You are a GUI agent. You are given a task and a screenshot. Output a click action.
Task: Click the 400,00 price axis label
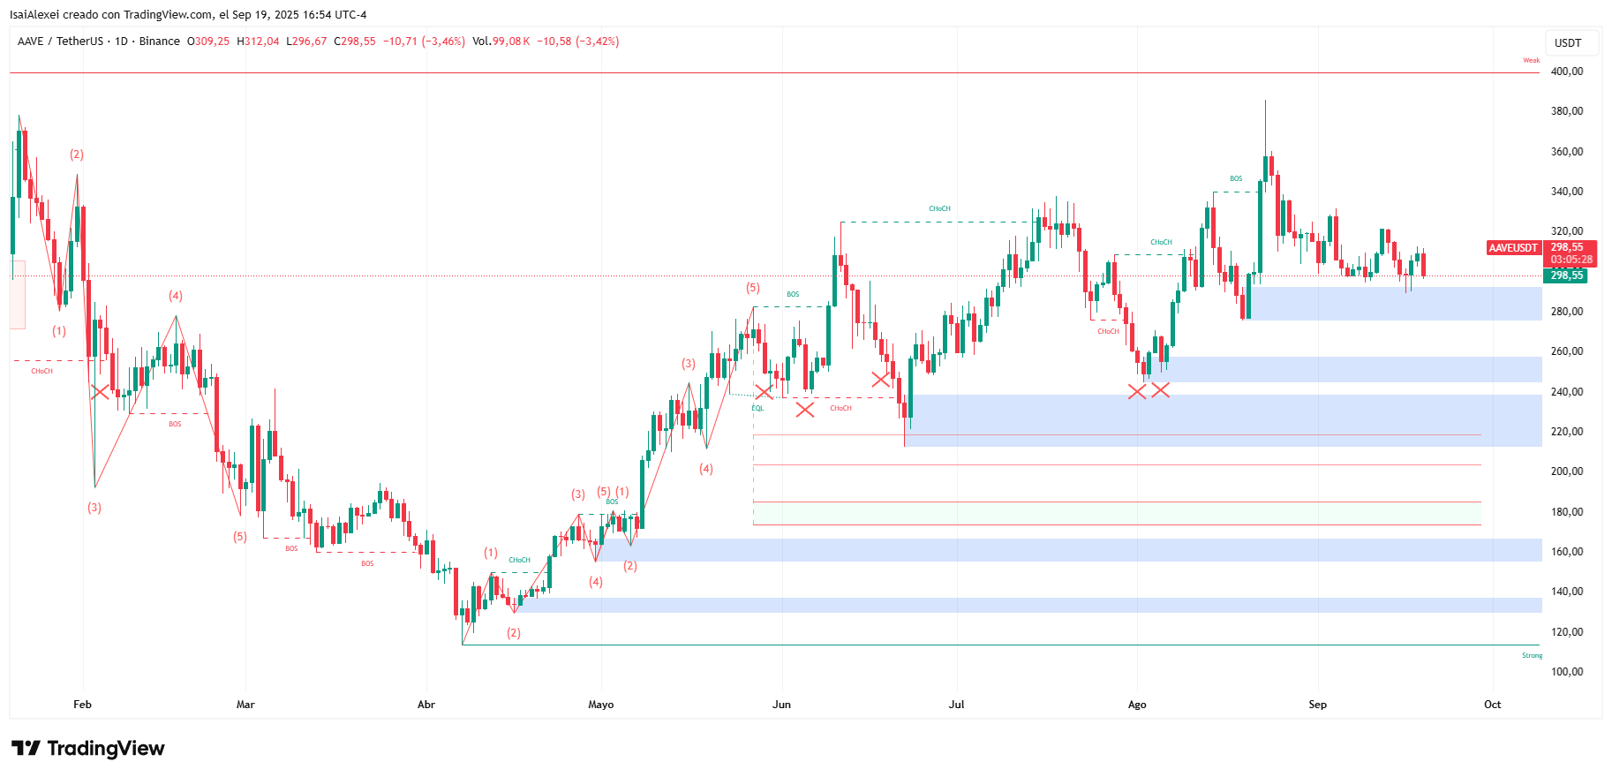click(1567, 72)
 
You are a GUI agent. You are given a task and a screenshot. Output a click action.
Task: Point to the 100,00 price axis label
click(1567, 672)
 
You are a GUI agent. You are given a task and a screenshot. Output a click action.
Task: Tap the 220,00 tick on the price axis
click(1567, 432)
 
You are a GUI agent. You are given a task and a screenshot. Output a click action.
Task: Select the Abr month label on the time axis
click(426, 705)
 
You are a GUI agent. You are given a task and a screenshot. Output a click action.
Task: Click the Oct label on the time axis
click(1492, 705)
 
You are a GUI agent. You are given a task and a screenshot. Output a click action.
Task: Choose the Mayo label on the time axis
click(600, 705)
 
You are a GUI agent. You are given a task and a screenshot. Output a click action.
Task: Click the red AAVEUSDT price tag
click(1513, 248)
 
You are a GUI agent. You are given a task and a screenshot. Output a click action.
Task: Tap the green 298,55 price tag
click(1566, 275)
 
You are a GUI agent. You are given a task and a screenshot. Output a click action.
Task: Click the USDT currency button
click(1568, 43)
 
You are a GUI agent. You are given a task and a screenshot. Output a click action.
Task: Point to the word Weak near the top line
click(1531, 61)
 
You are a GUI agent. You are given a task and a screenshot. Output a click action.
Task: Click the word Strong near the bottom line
click(1532, 655)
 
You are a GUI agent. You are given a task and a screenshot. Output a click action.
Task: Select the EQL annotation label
click(757, 408)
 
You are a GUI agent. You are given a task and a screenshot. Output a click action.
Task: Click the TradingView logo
click(88, 749)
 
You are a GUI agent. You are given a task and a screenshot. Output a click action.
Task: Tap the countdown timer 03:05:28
click(1571, 260)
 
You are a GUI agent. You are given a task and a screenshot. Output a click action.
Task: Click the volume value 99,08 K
click(511, 41)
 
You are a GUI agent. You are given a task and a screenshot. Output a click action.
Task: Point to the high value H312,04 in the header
click(258, 41)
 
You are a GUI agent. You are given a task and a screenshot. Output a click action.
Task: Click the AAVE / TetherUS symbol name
click(60, 41)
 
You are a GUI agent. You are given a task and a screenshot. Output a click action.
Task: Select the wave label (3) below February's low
click(94, 508)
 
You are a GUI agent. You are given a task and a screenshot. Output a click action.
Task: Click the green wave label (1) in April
click(491, 553)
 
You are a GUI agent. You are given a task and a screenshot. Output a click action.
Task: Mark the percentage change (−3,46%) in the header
click(443, 41)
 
